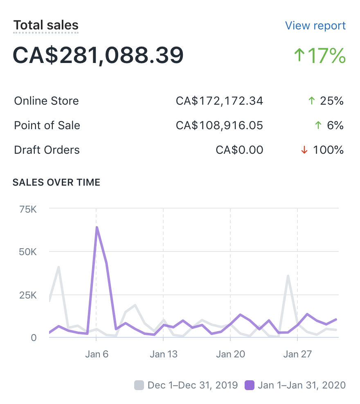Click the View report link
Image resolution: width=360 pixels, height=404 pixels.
coord(315,26)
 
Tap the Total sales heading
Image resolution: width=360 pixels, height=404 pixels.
coord(46,25)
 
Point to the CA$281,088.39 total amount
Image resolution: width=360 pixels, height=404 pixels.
coord(98,55)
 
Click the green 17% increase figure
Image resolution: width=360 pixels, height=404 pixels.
coord(320,56)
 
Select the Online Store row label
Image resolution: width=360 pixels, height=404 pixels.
coord(46,101)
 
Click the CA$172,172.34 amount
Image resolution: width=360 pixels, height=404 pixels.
coord(219,101)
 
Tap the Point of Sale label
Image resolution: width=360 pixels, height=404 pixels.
coord(47,126)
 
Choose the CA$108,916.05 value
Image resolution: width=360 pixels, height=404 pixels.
coord(219,126)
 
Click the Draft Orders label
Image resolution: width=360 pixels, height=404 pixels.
coord(47,150)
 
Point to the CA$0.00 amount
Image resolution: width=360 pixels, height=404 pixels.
coord(239,150)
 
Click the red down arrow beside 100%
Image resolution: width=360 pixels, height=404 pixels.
coord(304,150)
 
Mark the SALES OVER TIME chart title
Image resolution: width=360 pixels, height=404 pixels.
coord(56,182)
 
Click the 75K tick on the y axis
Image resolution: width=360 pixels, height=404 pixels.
coord(28,209)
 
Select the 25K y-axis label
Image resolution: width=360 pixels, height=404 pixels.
coord(28,295)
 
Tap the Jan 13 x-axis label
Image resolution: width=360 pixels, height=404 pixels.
coord(164,354)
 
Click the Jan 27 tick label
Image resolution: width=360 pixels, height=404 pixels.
coord(297,354)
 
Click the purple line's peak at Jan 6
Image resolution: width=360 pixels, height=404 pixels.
coord(97,227)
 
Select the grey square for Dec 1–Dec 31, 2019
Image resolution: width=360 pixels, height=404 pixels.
coord(139,385)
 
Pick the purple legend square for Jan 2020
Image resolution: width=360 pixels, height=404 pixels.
coord(249,385)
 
